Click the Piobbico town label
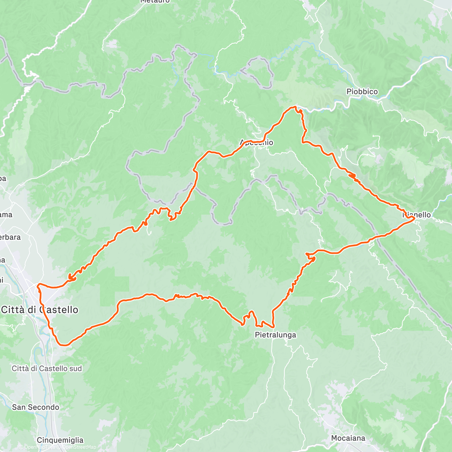pyautogui.click(x=362, y=92)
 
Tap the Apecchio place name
pyautogui.click(x=257, y=142)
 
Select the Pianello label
pyautogui.click(x=417, y=215)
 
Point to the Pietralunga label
pyautogui.click(x=275, y=335)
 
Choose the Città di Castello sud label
pyautogui.click(x=47, y=368)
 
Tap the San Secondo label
pyautogui.click(x=35, y=407)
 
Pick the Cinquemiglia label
pyautogui.click(x=60, y=440)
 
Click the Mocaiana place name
pyautogui.click(x=348, y=438)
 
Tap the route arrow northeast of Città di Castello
pyautogui.click(x=71, y=279)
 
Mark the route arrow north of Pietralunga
pyautogui.click(x=312, y=258)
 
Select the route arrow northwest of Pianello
pyautogui.click(x=352, y=175)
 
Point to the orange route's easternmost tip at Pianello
pyautogui.click(x=414, y=217)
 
